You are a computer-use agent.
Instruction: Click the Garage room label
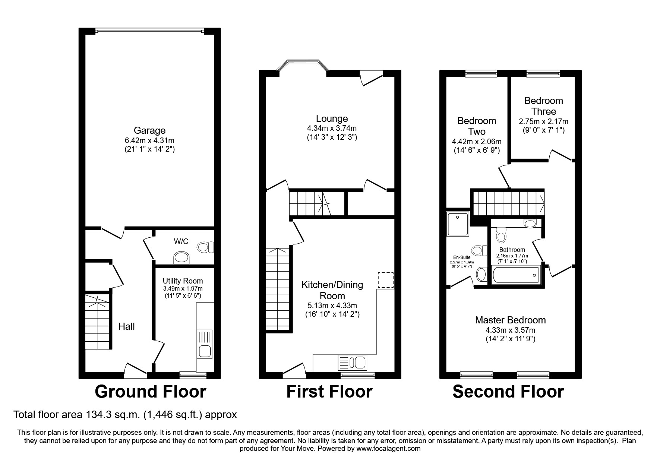click(149, 130)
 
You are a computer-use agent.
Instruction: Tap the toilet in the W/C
click(205, 247)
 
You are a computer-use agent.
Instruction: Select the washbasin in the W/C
click(182, 257)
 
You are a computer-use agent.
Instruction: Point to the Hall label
click(126, 327)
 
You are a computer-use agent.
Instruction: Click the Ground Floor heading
click(150, 392)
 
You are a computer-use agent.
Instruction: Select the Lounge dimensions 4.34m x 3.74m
click(332, 128)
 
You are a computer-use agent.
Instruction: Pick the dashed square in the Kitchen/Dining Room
click(386, 280)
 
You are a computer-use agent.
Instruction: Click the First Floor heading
click(329, 392)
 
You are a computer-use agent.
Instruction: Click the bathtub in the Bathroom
click(516, 275)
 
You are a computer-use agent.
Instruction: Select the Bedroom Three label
click(543, 106)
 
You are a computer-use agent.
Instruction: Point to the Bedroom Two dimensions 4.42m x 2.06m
click(476, 142)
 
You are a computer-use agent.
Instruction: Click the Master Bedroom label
click(510, 320)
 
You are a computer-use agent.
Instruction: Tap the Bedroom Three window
click(543, 74)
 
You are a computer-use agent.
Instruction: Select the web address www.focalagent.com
click(388, 449)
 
